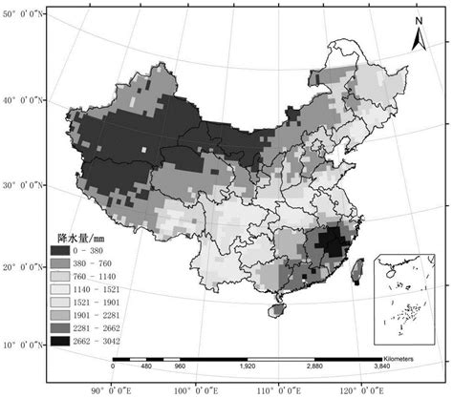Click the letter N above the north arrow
click(418, 20)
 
